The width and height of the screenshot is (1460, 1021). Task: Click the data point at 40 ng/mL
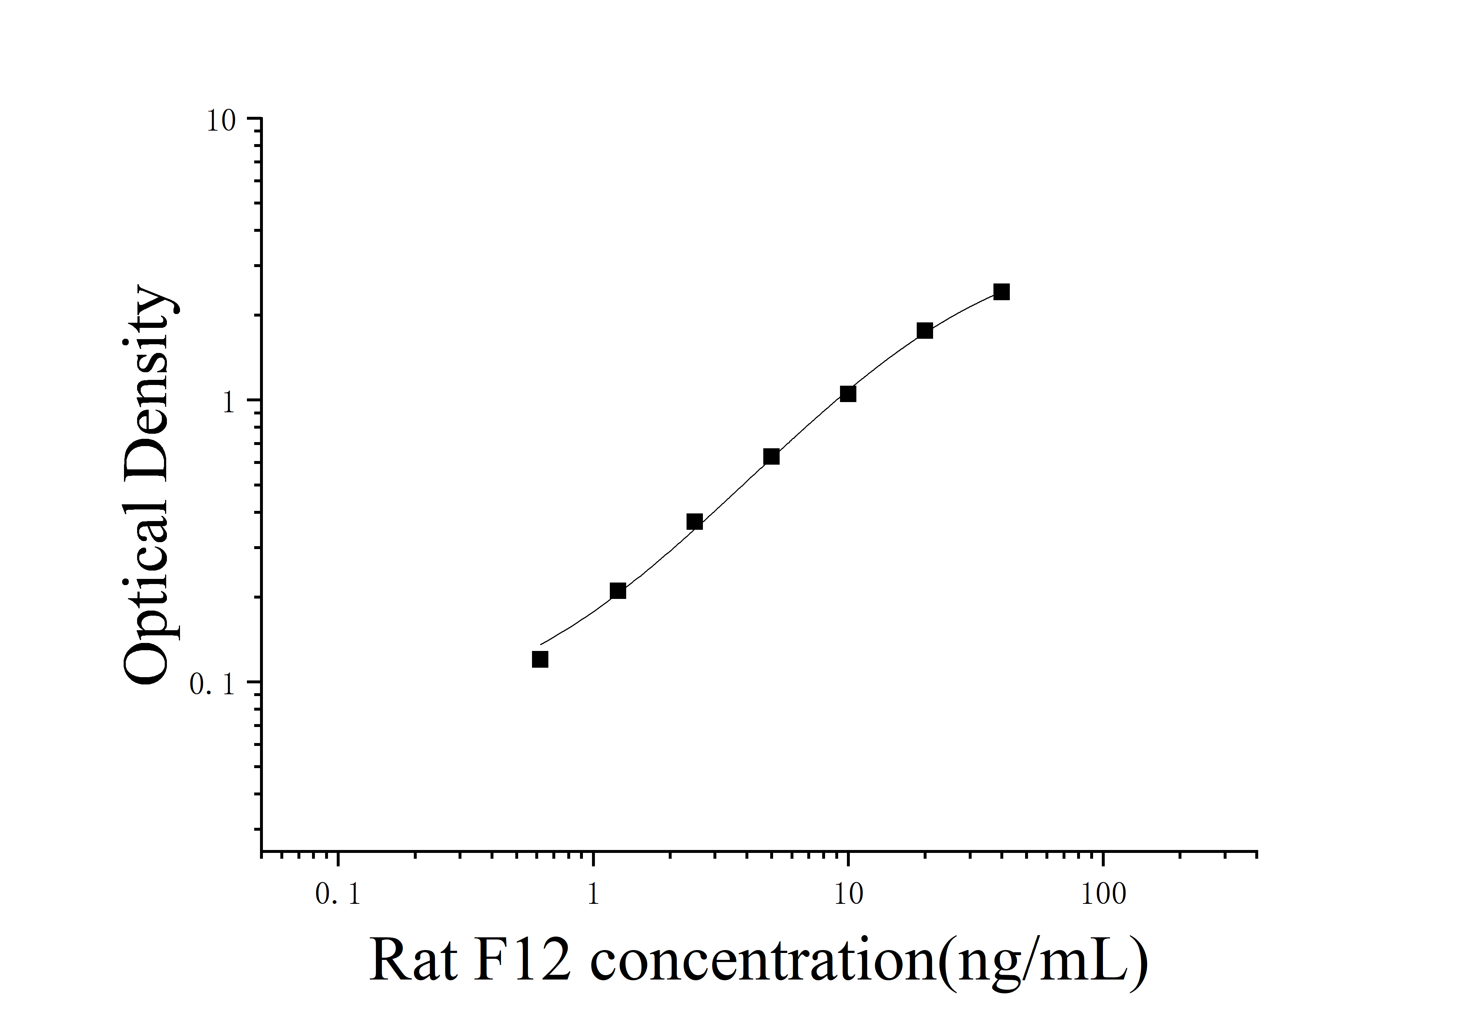1001,292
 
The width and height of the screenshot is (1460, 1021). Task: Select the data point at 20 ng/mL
925,331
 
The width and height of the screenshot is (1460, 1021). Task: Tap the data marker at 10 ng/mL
848,394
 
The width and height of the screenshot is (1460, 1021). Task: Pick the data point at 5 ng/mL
771,457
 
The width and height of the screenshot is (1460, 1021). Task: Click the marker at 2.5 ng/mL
695,522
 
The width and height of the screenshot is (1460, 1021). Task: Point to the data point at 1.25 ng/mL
617,591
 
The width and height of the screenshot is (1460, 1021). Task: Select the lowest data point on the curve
540,660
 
